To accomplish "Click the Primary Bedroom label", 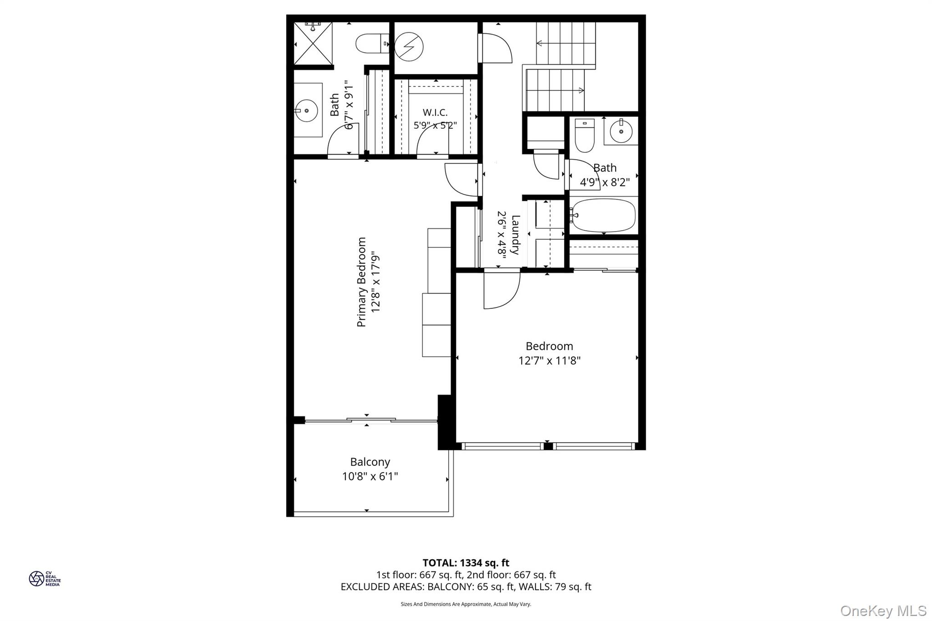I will coord(361,282).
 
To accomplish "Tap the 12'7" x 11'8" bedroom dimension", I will coord(549,361).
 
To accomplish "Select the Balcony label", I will coord(370,462).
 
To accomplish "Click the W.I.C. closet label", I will coord(435,112).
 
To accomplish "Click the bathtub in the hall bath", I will coord(604,215).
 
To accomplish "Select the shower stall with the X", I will coord(314,44).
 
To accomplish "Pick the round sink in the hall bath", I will coord(621,131).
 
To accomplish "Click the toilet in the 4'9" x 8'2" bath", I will coord(584,135).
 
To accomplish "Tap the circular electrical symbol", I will coord(409,46).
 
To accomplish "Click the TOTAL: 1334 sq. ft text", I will coord(466,563).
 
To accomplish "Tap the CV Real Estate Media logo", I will coord(45,579).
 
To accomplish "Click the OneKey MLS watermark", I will coord(883,611).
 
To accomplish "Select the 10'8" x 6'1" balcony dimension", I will coord(370,476).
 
